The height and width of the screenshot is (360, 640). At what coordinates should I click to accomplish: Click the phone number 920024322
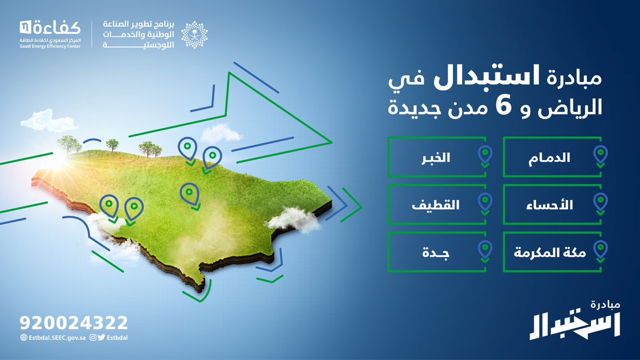pos(74,323)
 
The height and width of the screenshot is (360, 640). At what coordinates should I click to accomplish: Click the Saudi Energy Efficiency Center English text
pos(51,45)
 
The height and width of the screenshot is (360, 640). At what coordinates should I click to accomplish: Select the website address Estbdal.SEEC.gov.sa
pos(57,337)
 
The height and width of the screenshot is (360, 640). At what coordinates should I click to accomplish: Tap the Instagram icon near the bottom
pos(93,337)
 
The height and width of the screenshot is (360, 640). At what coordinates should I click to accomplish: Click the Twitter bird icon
pos(101,337)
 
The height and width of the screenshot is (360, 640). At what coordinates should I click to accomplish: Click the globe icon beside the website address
pos(23,337)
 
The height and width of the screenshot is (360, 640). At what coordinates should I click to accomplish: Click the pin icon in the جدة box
pos(485,249)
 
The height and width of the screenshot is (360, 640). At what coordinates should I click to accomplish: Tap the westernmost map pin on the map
pos(110,205)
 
